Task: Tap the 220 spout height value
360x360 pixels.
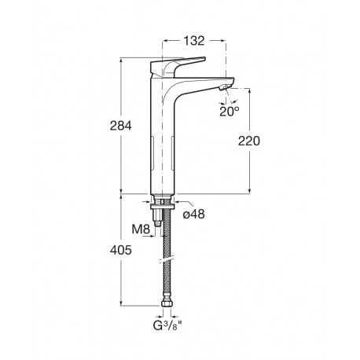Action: point(248,141)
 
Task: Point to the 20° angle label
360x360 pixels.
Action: point(230,110)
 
